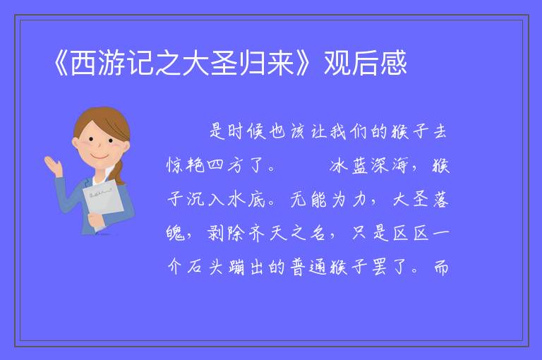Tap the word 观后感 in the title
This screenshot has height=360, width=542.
click(x=366, y=63)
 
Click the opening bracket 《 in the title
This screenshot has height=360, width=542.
click(x=61, y=64)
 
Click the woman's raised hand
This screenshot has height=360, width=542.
click(x=53, y=165)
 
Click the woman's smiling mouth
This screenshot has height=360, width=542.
click(x=99, y=156)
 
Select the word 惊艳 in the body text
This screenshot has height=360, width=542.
click(x=186, y=165)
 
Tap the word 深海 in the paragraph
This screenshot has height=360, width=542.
click(x=390, y=166)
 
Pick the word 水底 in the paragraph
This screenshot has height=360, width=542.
click(x=246, y=200)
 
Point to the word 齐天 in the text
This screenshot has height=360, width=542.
click(x=267, y=234)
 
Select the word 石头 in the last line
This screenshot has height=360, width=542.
click(x=205, y=268)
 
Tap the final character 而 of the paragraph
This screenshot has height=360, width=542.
click(x=441, y=268)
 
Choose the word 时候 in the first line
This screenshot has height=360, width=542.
click(x=246, y=132)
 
